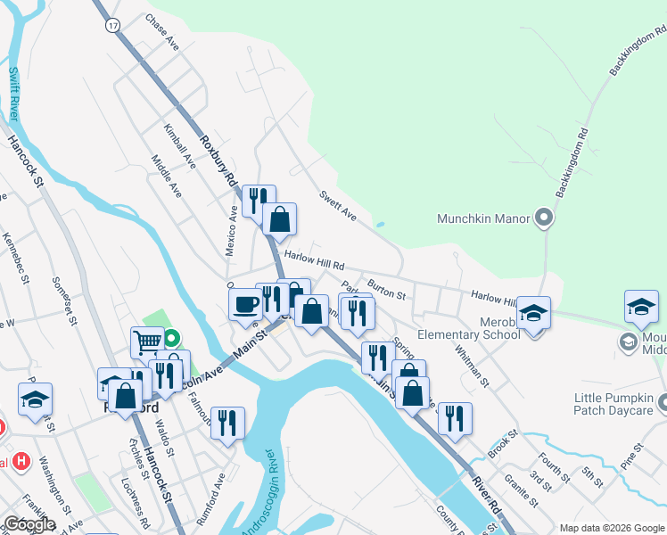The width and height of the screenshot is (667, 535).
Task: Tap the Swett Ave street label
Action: (x=338, y=205)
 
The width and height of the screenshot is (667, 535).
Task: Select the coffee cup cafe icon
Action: (x=245, y=303)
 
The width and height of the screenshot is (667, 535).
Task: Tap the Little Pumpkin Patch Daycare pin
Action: (x=662, y=405)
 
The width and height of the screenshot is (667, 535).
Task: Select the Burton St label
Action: (x=387, y=291)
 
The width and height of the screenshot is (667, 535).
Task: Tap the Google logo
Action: (x=29, y=524)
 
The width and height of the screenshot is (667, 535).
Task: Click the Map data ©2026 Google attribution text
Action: (x=612, y=528)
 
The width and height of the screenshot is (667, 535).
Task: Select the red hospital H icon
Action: (x=21, y=464)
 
